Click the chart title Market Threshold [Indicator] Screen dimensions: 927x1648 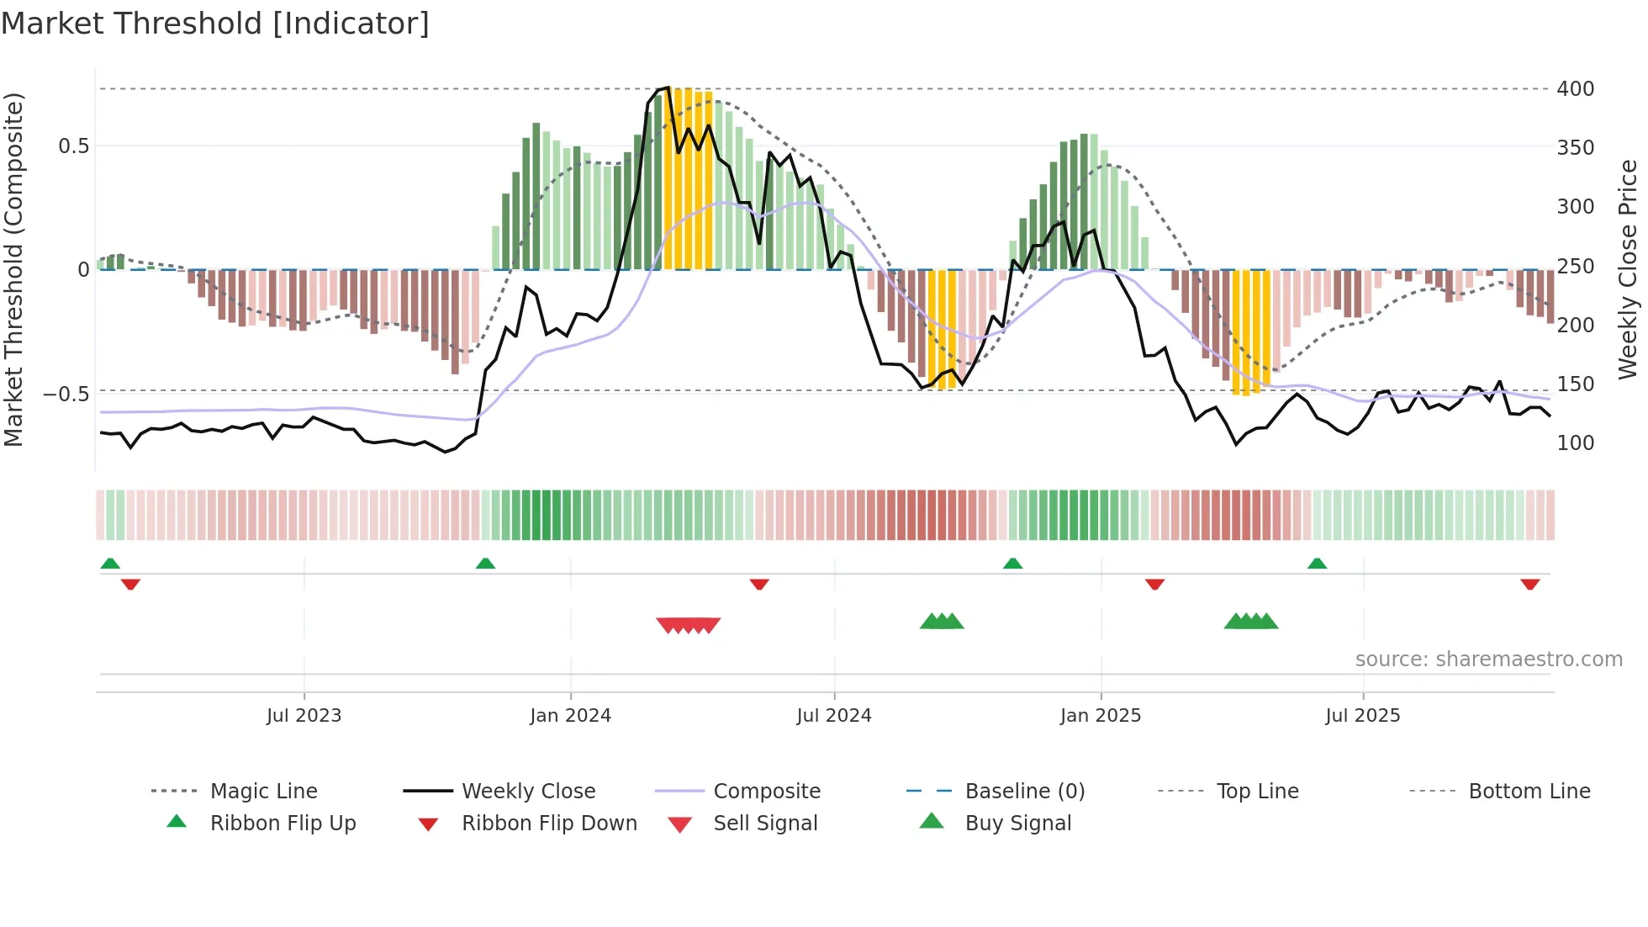215,24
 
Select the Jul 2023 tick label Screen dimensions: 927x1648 304,716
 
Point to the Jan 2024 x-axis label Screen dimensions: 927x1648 570,716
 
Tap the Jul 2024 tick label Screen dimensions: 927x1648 833,716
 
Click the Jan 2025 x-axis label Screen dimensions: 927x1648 1100,716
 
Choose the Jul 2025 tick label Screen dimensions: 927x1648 1362,716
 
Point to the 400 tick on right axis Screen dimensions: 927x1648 1575,89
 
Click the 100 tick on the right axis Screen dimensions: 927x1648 1575,443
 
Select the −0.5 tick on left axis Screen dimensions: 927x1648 66,395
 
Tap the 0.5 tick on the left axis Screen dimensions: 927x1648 73,146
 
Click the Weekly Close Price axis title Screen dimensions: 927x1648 1628,269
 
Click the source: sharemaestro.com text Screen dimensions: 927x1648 1488,659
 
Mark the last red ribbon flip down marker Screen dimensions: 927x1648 1529,584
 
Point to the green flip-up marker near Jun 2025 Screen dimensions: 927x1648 1317,564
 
